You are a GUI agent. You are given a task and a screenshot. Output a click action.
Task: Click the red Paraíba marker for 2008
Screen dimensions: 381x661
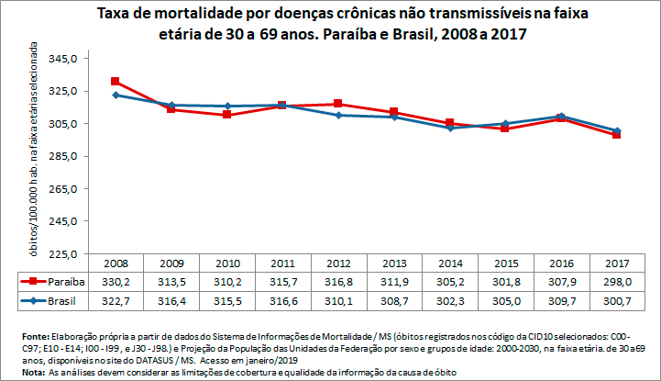[115, 82]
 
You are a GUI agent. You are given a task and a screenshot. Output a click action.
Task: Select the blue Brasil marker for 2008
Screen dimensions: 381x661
[115, 95]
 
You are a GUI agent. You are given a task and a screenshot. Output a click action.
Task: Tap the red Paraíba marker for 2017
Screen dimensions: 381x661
[617, 135]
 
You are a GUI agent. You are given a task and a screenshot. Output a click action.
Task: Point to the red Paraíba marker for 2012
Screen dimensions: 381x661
[338, 104]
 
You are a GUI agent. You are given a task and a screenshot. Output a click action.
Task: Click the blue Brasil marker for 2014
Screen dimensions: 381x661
[449, 128]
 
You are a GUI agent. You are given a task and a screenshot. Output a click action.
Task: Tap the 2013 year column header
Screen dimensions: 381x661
[393, 263]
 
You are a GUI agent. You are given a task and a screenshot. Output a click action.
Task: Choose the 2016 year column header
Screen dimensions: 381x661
[560, 263]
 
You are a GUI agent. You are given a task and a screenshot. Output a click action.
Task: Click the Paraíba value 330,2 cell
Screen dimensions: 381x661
[115, 282]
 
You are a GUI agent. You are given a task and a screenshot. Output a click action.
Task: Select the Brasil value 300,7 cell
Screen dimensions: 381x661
[617, 300]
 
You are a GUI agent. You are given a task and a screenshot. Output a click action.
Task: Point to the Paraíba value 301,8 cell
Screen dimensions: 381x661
[505, 282]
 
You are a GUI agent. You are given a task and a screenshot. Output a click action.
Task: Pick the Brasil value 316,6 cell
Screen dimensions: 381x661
[282, 300]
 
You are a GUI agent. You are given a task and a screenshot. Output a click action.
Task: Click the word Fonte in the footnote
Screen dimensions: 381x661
[34, 337]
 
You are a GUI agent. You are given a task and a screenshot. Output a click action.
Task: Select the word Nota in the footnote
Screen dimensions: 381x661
[32, 372]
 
